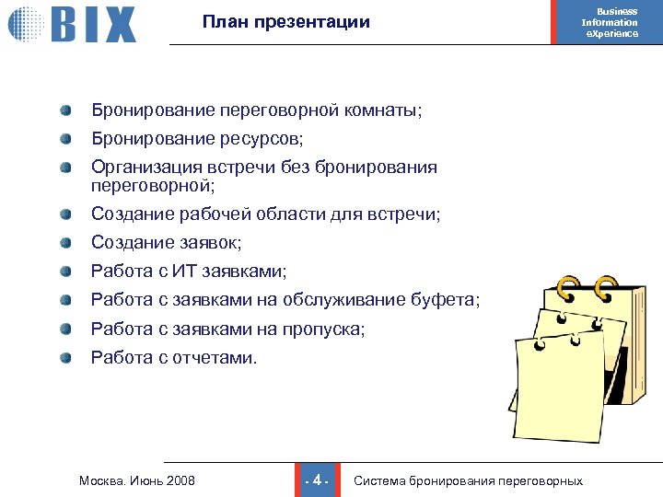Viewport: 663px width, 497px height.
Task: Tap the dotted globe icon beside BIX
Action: pyautogui.click(x=25, y=23)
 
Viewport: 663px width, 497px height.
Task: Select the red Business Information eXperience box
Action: pyautogui.click(x=609, y=22)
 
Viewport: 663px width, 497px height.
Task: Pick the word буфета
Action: pyautogui.click(x=448, y=300)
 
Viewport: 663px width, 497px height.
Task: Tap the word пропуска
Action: pyautogui.click(x=327, y=329)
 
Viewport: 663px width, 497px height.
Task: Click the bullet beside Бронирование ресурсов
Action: pyautogui.click(x=67, y=139)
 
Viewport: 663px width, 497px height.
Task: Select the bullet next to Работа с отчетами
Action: pyautogui.click(x=67, y=358)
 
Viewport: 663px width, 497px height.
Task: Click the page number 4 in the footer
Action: pyautogui.click(x=316, y=480)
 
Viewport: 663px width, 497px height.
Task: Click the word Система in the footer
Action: pyautogui.click(x=379, y=480)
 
